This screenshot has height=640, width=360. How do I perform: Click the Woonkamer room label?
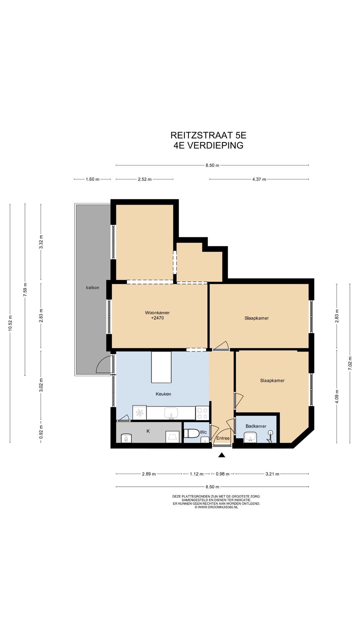tap(157, 313)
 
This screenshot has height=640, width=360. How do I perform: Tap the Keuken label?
tap(163, 394)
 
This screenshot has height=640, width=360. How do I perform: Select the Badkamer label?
tap(256, 426)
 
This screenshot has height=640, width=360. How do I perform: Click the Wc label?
tap(203, 432)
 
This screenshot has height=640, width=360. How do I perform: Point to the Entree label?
tap(223, 438)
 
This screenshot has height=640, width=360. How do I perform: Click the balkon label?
tap(93, 288)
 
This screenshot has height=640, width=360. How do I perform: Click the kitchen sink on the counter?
tap(171, 413)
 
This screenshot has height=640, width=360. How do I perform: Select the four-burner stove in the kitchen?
tap(202, 413)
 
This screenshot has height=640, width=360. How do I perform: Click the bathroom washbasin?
tap(250, 437)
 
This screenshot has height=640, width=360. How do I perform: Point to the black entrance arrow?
tap(222, 455)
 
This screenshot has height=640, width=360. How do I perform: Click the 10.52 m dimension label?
tap(10, 323)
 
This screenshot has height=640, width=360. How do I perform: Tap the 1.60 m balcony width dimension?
tap(93, 179)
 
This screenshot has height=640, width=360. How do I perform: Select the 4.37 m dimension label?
tap(259, 179)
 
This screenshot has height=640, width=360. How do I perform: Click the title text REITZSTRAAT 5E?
tap(208, 135)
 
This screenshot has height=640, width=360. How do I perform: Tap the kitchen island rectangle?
tap(161, 367)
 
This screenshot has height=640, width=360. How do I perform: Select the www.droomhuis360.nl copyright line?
tap(216, 507)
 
